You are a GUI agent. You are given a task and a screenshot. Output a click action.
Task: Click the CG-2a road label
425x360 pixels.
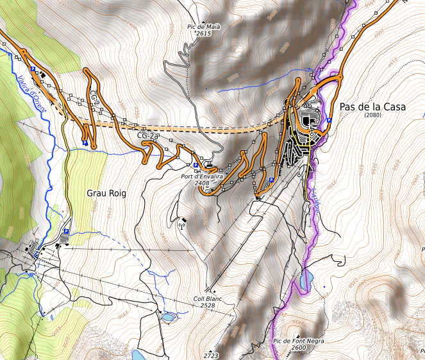coord(148,135)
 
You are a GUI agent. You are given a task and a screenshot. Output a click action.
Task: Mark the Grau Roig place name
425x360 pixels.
coord(106,193)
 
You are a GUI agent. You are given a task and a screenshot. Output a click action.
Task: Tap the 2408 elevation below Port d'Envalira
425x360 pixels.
coord(204,183)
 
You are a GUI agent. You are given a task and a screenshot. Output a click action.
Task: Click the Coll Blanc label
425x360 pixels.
coord(207,298)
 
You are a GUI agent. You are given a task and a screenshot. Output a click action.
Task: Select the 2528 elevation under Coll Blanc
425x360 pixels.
coord(206,305)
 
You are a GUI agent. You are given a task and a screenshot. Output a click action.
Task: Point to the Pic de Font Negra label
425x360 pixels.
coord(298,341)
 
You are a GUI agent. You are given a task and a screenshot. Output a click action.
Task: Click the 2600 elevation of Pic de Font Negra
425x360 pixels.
coord(298,348)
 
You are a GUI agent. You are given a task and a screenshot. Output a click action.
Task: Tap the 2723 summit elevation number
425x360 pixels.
coord(211,355)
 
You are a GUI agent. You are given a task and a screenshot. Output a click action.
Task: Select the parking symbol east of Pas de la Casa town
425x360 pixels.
coord(329,120)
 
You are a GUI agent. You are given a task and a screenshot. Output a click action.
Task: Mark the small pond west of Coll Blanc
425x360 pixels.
coord(168,316)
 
